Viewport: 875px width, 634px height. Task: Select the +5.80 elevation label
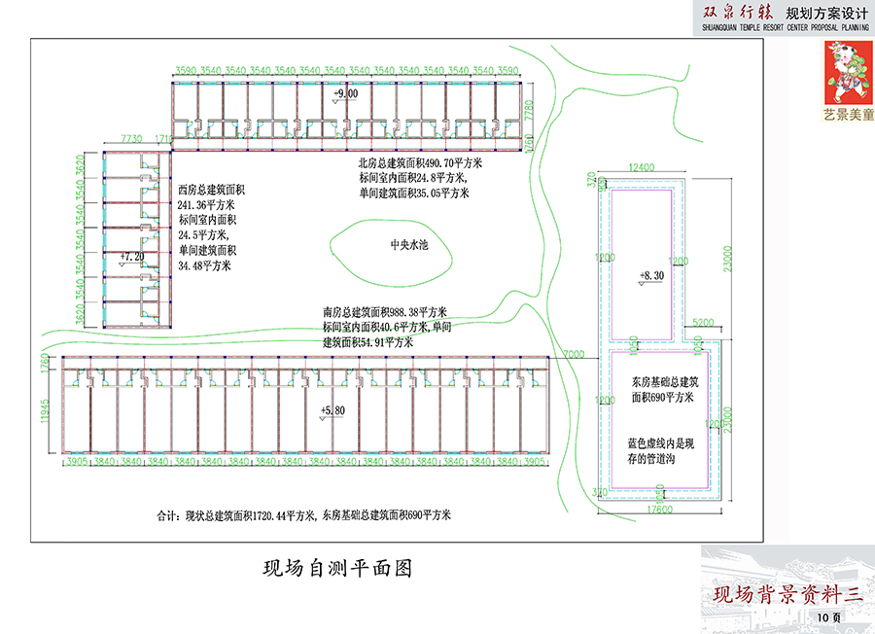[332, 411]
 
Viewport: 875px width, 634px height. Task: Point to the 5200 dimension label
[703, 322]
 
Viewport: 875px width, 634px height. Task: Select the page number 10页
[829, 616]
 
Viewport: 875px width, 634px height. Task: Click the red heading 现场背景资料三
[787, 594]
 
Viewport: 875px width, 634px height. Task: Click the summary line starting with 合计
[303, 514]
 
